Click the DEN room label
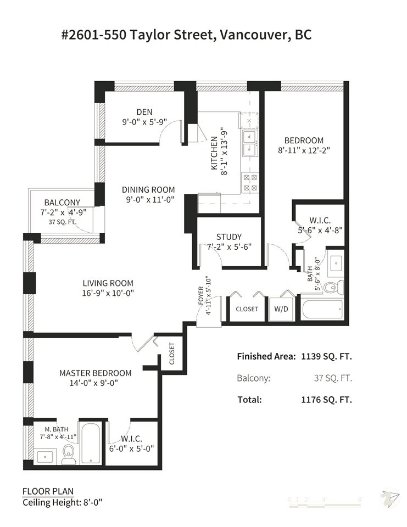pyautogui.click(x=144, y=112)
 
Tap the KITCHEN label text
pyautogui.click(x=214, y=153)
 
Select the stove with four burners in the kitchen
pyautogui.click(x=250, y=182)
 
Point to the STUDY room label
pyautogui.click(x=228, y=237)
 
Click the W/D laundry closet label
pyautogui.click(x=281, y=309)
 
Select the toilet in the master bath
pyautogui.click(x=69, y=454)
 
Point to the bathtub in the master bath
pyautogui.click(x=91, y=444)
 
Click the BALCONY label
pyautogui.click(x=62, y=203)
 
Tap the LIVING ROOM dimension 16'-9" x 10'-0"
pyautogui.click(x=108, y=293)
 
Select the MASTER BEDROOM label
pyautogui.click(x=95, y=373)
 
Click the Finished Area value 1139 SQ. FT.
pyautogui.click(x=326, y=356)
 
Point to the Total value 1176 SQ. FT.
pyautogui.click(x=326, y=400)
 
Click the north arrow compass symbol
pyautogui.click(x=390, y=498)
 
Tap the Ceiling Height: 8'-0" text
pyautogui.click(x=62, y=503)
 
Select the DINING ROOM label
pyautogui.click(x=148, y=189)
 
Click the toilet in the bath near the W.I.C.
pyautogui.click(x=333, y=287)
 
